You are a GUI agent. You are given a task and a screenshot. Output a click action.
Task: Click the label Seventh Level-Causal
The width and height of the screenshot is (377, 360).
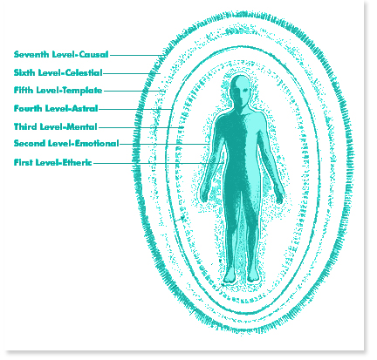click(x=61, y=54)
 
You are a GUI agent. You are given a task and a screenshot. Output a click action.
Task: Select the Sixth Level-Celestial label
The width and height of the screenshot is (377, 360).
click(x=58, y=72)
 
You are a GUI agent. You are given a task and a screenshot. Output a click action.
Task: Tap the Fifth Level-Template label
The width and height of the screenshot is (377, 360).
click(x=58, y=90)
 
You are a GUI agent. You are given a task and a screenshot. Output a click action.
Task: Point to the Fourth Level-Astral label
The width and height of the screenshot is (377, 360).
click(x=56, y=108)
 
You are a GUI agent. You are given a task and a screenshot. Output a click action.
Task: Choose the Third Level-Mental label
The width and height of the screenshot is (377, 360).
click(x=56, y=126)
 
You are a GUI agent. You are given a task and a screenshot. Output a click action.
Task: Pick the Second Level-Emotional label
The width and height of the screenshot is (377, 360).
click(x=66, y=143)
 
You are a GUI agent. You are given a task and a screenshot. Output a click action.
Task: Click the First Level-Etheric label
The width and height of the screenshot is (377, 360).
click(x=53, y=162)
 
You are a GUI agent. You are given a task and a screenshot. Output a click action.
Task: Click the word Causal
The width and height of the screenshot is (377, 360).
click(x=94, y=54)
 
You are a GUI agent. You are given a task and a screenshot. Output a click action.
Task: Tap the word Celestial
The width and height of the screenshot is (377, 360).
click(x=84, y=72)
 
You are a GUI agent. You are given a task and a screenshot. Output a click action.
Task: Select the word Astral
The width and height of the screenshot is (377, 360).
click(x=86, y=108)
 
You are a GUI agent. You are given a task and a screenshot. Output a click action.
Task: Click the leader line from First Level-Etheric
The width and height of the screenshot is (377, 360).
click(x=159, y=163)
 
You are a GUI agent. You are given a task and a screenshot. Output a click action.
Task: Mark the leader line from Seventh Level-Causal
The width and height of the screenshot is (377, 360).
click(x=138, y=55)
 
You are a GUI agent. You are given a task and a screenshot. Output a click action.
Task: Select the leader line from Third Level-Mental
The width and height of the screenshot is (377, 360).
click(x=141, y=127)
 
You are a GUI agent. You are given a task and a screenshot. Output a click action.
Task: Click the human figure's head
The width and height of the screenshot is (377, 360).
click(x=240, y=90)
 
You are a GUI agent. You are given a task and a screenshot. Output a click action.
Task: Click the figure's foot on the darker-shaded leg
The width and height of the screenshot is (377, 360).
click(x=230, y=275)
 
